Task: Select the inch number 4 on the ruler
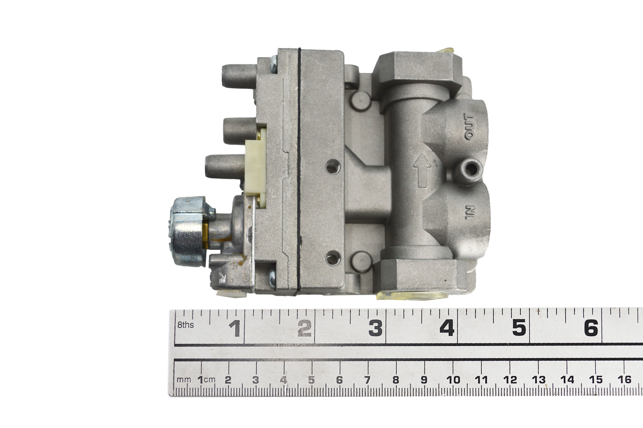[447, 328]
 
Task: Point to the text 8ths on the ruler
[186, 325]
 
